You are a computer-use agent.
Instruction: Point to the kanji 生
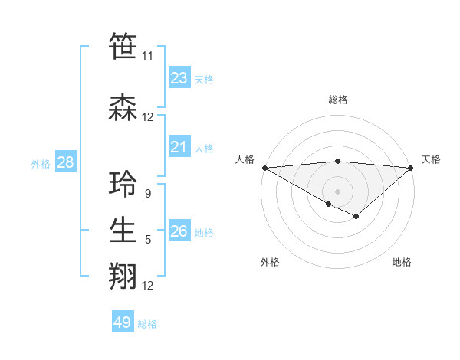pyautogui.click(x=123, y=231)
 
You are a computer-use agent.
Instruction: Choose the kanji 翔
pyautogui.click(x=123, y=276)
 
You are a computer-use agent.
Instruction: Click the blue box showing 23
pyautogui.click(x=179, y=78)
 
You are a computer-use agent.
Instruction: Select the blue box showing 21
pyautogui.click(x=179, y=148)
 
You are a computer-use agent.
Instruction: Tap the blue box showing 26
pyautogui.click(x=179, y=231)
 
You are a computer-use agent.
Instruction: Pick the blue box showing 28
pyautogui.click(x=64, y=162)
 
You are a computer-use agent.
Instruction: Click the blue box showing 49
pyautogui.click(x=123, y=322)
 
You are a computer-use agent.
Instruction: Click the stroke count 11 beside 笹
pyautogui.click(x=147, y=56)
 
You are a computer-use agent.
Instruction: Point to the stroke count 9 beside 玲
pyautogui.click(x=147, y=195)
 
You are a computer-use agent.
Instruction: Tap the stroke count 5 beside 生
pyautogui.click(x=147, y=240)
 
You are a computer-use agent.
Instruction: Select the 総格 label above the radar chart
pyautogui.click(x=337, y=100)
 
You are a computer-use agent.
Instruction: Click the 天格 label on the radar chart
pyautogui.click(x=431, y=159)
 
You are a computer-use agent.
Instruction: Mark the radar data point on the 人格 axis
pyautogui.click(x=264, y=167)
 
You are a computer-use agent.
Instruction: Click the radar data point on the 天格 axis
pyautogui.click(x=412, y=167)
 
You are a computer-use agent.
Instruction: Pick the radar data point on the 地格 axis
pyautogui.click(x=356, y=217)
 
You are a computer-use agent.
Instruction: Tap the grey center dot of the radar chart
pyautogui.click(x=337, y=191)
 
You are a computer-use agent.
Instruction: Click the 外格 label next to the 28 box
pyautogui.click(x=41, y=163)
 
